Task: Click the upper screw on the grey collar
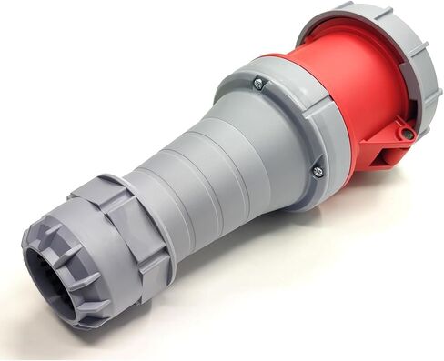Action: click(259, 85)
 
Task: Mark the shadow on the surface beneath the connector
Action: click(273, 273)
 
